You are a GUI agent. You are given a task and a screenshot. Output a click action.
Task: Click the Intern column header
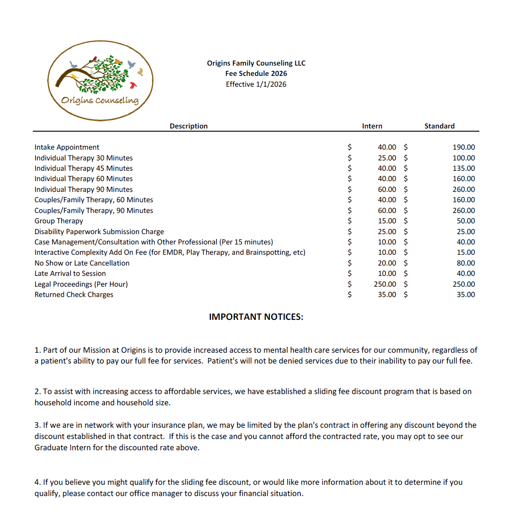pyautogui.click(x=372, y=126)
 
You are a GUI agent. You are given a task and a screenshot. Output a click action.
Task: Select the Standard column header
pyautogui.click(x=439, y=126)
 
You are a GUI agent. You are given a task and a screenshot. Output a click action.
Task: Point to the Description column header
pyautogui.click(x=188, y=126)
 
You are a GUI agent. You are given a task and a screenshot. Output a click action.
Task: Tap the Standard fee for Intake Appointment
pyautogui.click(x=464, y=147)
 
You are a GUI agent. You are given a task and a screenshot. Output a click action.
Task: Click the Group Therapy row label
pyautogui.click(x=59, y=221)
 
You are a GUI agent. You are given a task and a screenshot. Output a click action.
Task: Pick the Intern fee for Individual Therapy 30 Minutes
pyautogui.click(x=387, y=158)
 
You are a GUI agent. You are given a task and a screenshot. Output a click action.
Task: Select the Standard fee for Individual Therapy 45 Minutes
pyautogui.click(x=464, y=168)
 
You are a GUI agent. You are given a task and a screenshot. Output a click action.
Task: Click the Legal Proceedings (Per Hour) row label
pyautogui.click(x=81, y=284)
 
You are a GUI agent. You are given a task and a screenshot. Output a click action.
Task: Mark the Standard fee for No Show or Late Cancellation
pyautogui.click(x=465, y=263)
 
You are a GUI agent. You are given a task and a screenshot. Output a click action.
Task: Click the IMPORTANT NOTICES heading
pyautogui.click(x=256, y=317)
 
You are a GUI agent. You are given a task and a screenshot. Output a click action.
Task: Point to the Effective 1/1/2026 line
pyautogui.click(x=256, y=84)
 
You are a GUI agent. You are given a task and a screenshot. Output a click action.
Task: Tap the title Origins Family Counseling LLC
pyautogui.click(x=256, y=63)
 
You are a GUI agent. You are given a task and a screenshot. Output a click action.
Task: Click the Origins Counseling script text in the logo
pyautogui.click(x=100, y=100)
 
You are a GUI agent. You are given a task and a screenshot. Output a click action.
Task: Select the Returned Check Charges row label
pyautogui.click(x=74, y=295)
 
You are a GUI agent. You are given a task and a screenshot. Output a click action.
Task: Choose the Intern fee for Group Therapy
pyautogui.click(x=387, y=221)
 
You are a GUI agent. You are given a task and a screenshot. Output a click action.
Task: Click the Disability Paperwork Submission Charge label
pyautogui.click(x=99, y=232)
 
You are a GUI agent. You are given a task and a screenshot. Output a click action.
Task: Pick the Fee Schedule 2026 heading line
pyautogui.click(x=256, y=74)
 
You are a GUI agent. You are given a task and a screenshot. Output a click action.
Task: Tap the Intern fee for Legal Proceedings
pyautogui.click(x=385, y=284)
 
